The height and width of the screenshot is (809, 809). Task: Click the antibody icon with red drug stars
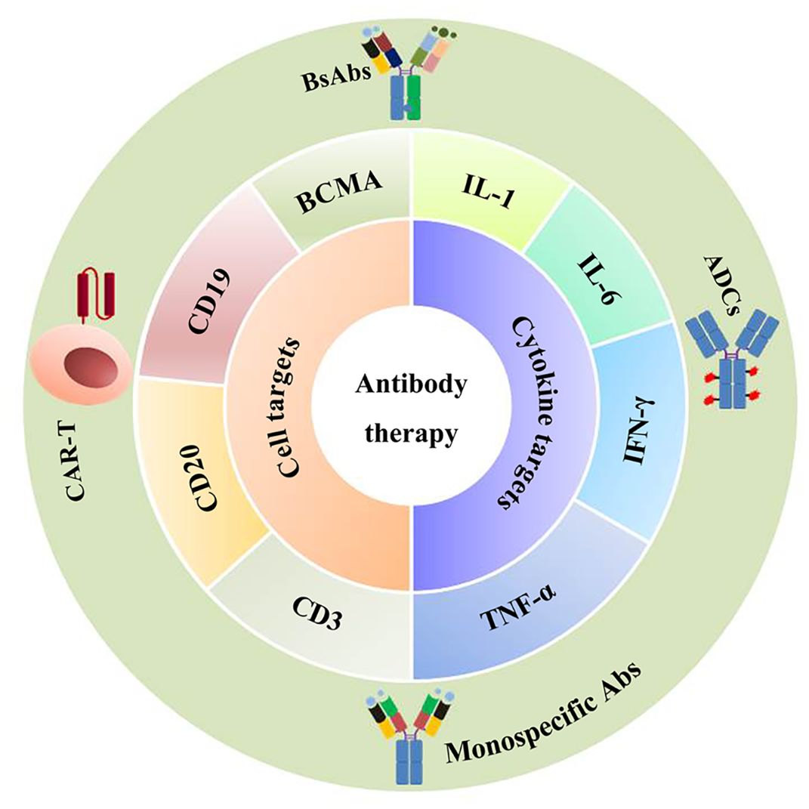pos(732,360)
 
